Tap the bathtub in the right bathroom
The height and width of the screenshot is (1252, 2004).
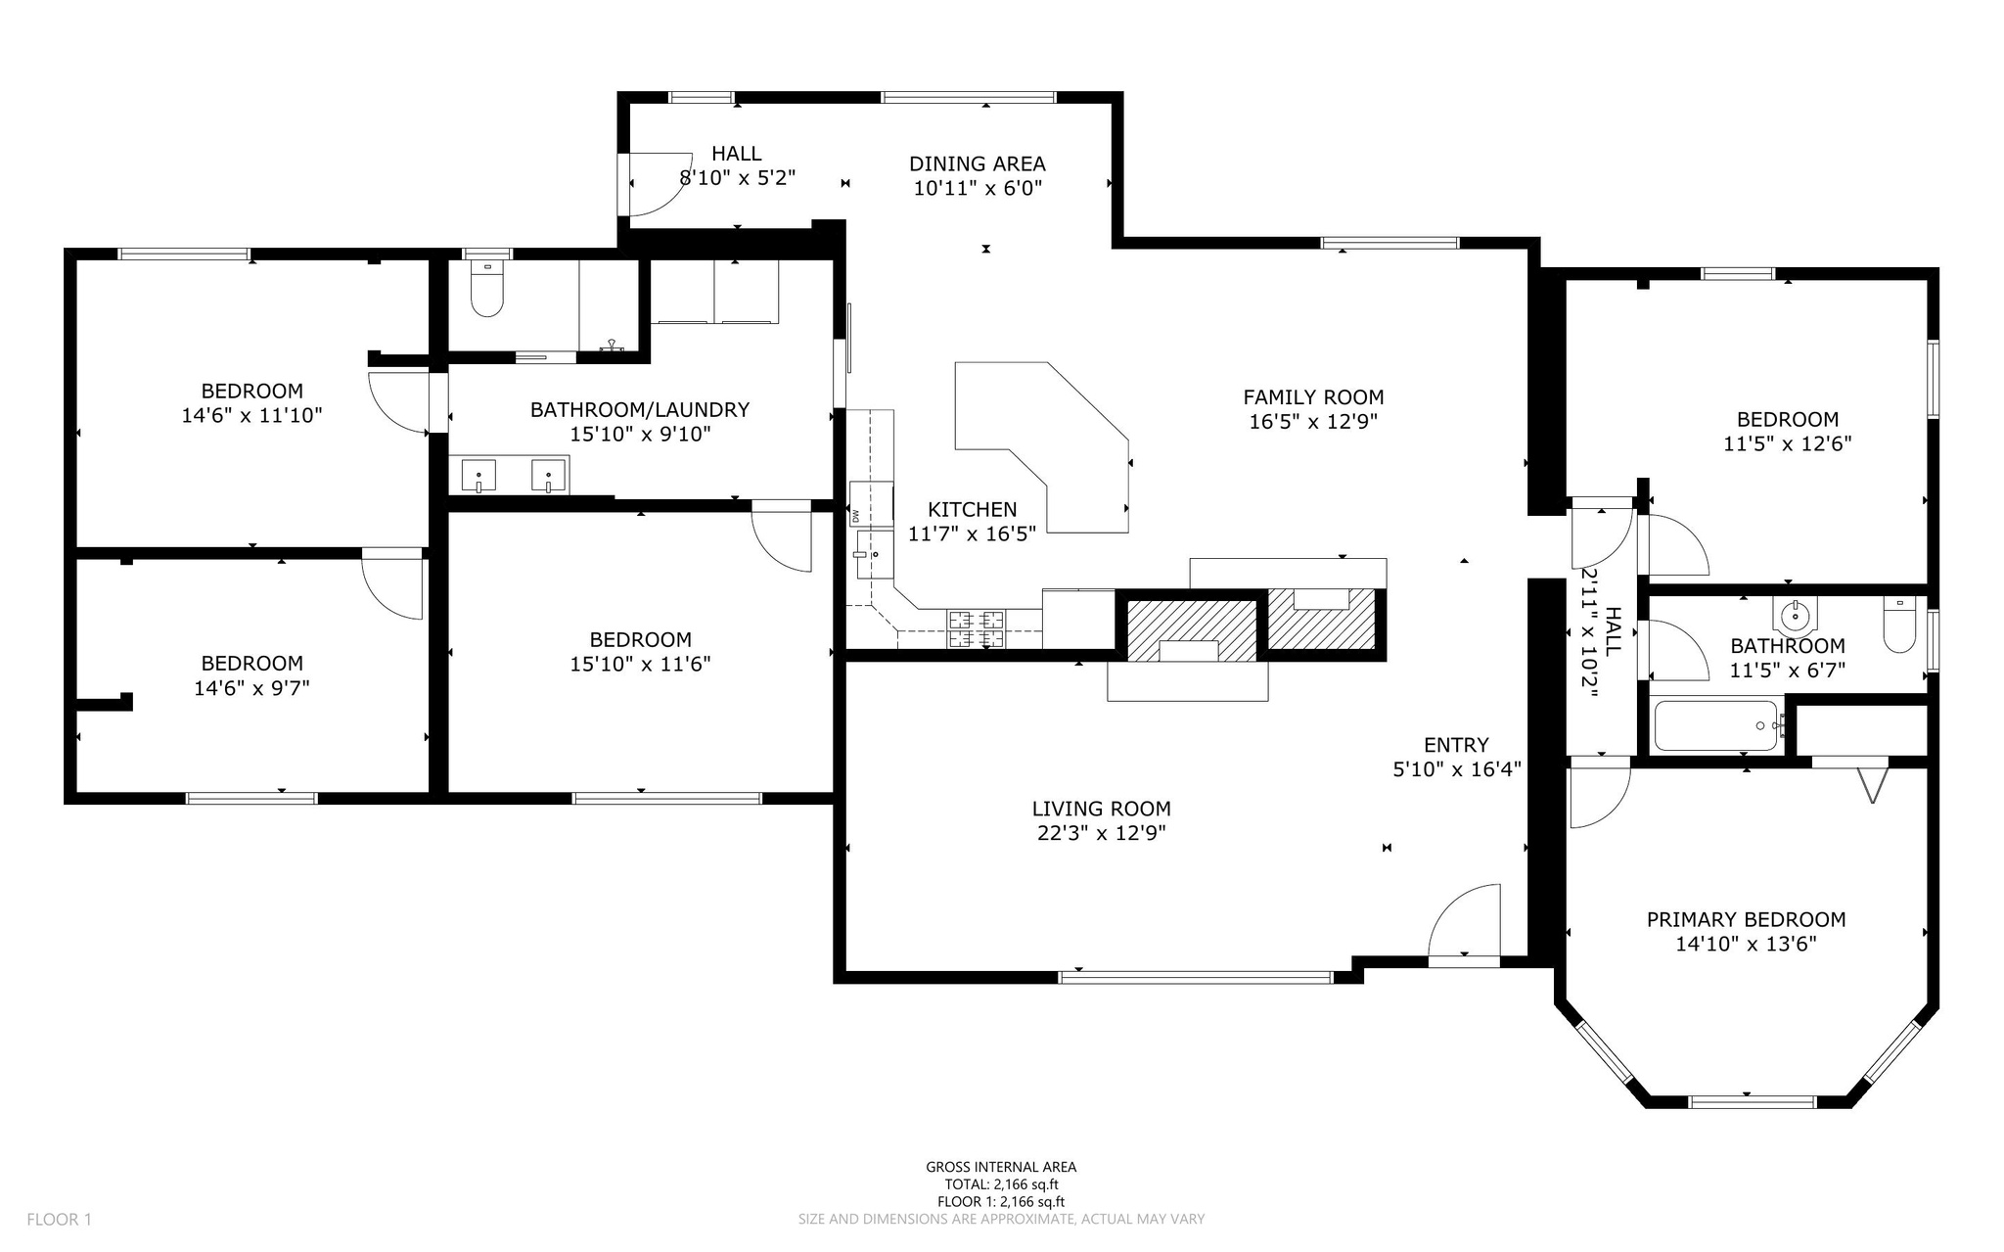1714,725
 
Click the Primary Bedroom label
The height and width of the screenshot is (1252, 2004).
1746,919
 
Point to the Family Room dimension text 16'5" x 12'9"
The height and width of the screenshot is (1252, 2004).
1313,422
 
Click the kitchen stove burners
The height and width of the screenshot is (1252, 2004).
976,628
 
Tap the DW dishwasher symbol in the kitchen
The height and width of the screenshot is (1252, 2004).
854,516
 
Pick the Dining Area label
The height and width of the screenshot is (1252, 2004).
977,163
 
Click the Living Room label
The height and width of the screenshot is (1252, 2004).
1101,809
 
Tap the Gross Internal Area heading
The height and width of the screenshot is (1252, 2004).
1001,1166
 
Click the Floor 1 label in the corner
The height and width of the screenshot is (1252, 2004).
59,1219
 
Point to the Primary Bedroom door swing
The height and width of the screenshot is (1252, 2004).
1599,797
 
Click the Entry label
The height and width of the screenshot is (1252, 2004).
1456,745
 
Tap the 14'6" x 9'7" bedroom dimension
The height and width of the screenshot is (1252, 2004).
251,688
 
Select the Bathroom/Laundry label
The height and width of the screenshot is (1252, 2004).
640,410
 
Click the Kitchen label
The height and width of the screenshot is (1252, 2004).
972,509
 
